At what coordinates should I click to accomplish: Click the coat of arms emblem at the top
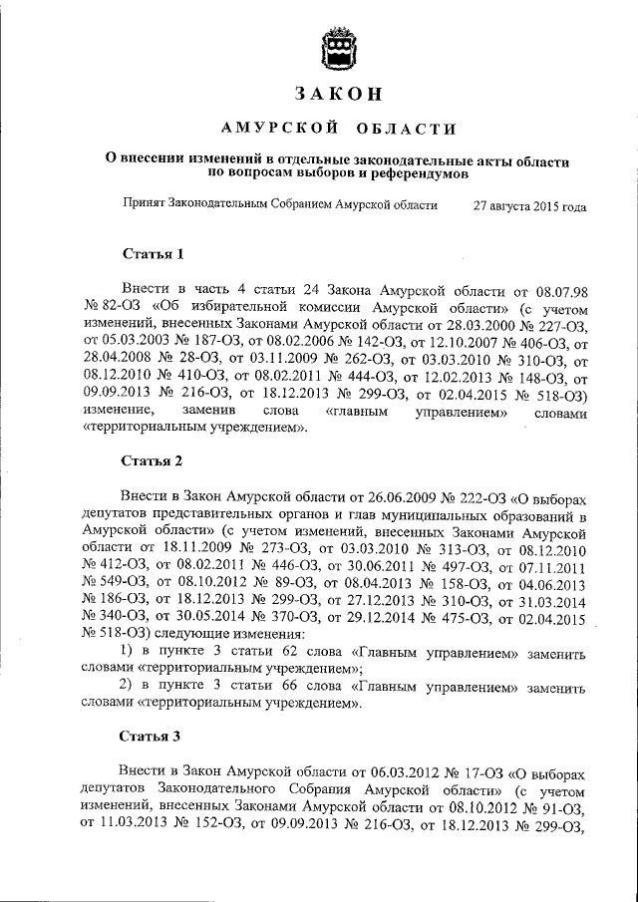337,51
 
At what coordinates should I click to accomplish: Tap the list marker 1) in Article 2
128,651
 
